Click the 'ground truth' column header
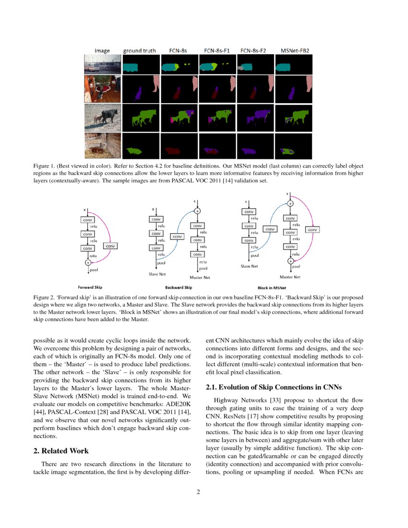pyautogui.click(x=139, y=50)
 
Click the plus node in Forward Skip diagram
pyautogui.click(x=87, y=263)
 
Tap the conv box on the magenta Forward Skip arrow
pyautogui.click(x=110, y=246)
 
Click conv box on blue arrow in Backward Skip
pyautogui.click(x=177, y=237)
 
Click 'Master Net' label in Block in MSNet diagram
pyautogui.click(x=290, y=277)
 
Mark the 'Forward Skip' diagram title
pyautogui.click(x=90, y=288)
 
